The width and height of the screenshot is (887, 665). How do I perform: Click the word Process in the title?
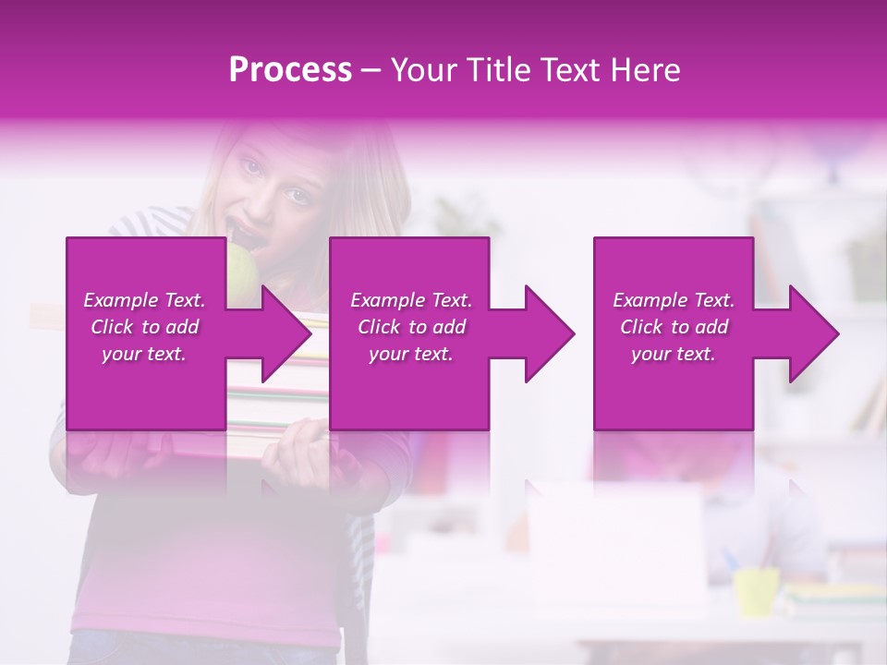(290, 70)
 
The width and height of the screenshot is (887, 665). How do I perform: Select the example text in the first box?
(144, 327)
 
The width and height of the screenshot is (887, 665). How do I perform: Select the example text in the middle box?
(411, 327)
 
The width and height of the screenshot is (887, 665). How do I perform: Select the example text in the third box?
(674, 327)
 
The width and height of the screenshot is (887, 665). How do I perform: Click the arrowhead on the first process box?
(277, 333)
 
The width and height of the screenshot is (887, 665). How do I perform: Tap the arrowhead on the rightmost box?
(806, 333)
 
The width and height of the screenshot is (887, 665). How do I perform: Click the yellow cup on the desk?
(757, 591)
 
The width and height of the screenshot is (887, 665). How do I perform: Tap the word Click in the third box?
(641, 327)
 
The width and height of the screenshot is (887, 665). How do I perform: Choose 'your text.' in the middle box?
(411, 354)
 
